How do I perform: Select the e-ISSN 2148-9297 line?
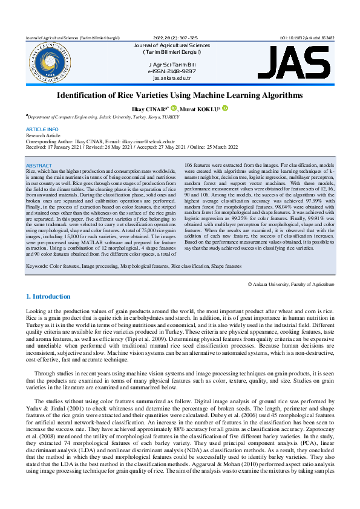pyautogui.click(x=172, y=71)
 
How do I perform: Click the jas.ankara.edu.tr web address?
pyautogui.click(x=172, y=78)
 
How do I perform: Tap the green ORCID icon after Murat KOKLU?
pyautogui.click(x=225, y=108)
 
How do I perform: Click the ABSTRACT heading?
pyautogui.click(x=39, y=165)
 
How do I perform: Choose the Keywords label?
pyautogui.click(x=39, y=266)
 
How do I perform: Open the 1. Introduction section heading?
pyautogui.click(x=48, y=297)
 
